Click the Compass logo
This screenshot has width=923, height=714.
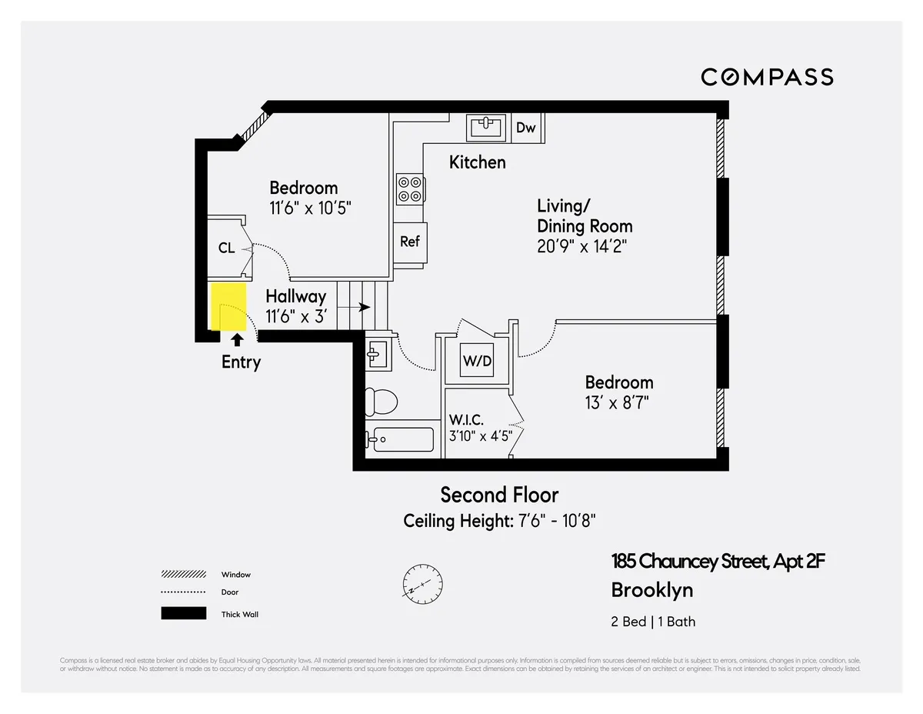[767, 77]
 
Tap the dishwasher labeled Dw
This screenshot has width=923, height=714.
[526, 128]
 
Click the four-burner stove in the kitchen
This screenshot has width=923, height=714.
[409, 189]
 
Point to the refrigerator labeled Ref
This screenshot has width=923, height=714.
[409, 242]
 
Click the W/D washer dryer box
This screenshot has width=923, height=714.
[477, 361]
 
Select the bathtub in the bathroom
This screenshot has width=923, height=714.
[400, 440]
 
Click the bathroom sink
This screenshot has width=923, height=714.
[377, 354]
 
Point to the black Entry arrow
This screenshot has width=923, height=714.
[238, 338]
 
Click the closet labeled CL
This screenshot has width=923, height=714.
[226, 248]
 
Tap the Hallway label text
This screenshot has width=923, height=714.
[296, 296]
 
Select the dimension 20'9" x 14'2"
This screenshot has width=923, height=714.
[585, 246]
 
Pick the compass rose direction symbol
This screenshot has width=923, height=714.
[422, 584]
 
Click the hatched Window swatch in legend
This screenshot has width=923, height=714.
[183, 575]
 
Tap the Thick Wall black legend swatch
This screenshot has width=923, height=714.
[183, 614]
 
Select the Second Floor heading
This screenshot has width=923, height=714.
[499, 494]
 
